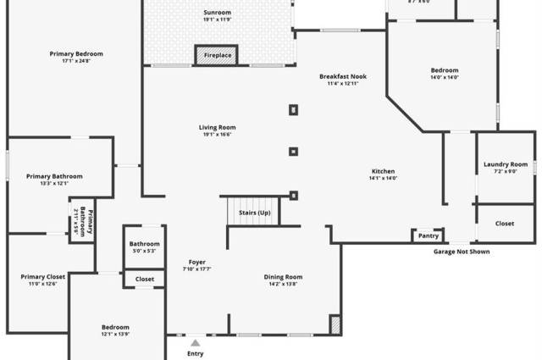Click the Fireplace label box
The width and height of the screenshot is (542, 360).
(218, 56)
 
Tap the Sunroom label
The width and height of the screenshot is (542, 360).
(217, 16)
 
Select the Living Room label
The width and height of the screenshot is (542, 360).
(217, 130)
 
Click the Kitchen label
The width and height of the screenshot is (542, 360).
(383, 174)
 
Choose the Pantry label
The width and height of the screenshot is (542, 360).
(429, 235)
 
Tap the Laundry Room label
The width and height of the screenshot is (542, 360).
(506, 167)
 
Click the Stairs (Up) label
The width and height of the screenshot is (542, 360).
(254, 213)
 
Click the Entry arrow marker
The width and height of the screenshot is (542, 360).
(196, 342)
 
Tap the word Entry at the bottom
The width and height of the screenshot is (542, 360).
(196, 354)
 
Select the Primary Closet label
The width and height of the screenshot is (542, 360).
(43, 280)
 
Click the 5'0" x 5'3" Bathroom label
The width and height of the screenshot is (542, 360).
(145, 246)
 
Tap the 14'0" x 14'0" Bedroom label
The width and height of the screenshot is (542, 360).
(445, 74)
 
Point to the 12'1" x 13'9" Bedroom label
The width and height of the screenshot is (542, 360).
(115, 330)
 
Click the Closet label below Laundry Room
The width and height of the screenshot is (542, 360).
(505, 224)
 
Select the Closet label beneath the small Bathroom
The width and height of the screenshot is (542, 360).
(145, 279)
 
